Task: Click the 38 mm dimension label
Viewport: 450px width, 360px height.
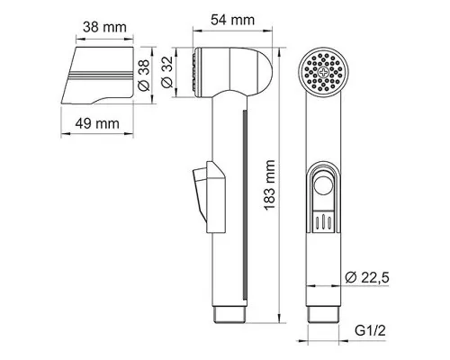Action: pos(104,27)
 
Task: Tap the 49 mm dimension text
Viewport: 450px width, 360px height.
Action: pos(97,123)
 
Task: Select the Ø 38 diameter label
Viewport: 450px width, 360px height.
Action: pos(144,76)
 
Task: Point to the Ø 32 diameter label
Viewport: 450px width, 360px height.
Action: pos(167,72)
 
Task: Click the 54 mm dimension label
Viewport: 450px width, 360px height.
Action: pos(232,20)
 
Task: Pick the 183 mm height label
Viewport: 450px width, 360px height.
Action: pos(270,185)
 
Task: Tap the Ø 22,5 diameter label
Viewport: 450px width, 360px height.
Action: pos(367,277)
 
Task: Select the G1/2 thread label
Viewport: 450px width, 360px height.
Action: pos(370,330)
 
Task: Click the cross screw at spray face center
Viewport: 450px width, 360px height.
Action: pos(323,72)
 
